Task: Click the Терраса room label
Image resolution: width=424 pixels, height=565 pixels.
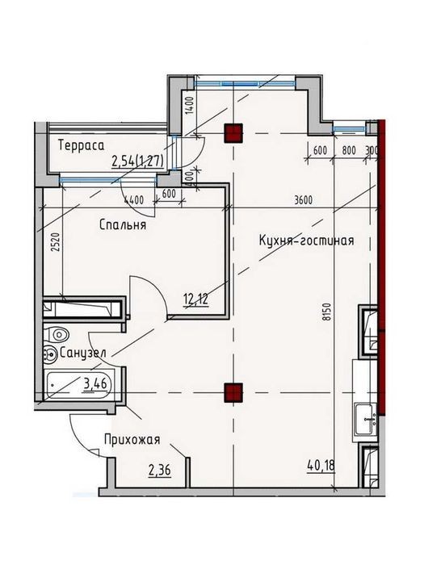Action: (81, 146)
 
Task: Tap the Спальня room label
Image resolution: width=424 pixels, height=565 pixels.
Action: (123, 225)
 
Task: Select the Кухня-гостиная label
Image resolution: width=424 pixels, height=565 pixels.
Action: (306, 241)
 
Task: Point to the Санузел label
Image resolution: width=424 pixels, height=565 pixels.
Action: (82, 354)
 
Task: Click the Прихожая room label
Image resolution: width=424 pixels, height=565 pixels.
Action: (132, 440)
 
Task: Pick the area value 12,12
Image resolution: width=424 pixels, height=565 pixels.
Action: (196, 299)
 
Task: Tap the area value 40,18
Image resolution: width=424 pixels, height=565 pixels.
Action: (321, 467)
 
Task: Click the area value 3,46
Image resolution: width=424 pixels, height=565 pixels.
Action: (95, 384)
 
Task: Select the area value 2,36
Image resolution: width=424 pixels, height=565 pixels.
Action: (160, 471)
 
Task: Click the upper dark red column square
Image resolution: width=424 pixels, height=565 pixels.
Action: (233, 133)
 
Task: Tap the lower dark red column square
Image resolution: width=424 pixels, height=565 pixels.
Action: (233, 392)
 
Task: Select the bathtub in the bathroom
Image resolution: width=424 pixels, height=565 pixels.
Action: (80, 384)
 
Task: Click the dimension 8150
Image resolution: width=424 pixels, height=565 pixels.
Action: (326, 312)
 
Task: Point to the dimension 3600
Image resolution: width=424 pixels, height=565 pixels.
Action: (303, 200)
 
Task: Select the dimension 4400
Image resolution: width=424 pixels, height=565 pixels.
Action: (134, 200)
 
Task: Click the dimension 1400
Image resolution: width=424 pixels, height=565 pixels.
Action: (191, 106)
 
